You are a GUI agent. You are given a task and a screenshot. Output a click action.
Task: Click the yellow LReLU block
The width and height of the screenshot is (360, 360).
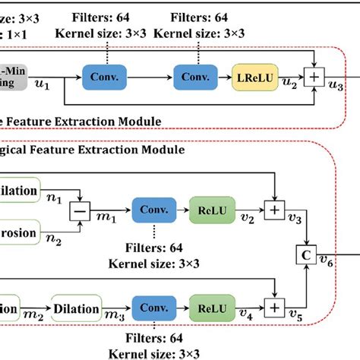click(254, 76)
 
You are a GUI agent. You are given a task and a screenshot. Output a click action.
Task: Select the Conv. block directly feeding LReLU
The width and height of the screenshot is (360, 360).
click(196, 76)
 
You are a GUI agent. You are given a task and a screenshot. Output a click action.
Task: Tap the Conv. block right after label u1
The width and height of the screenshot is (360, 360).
click(105, 76)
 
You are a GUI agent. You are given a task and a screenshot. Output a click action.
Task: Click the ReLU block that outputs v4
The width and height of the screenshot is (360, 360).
click(214, 308)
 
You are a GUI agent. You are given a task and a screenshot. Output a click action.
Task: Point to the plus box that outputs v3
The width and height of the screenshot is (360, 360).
click(273, 207)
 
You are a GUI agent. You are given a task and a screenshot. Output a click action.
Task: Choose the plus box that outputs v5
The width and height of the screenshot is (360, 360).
click(273, 308)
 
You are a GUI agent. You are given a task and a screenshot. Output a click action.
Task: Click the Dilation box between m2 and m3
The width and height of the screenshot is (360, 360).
click(76, 308)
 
